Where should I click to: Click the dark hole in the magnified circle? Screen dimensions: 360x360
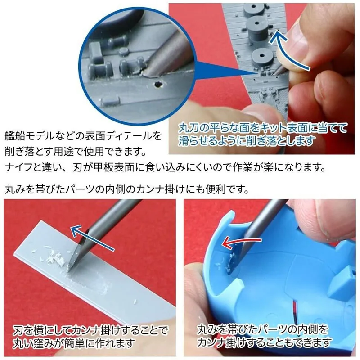pyautogui.click(x=158, y=84)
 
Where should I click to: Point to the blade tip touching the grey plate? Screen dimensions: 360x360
pyautogui.click(x=68, y=270)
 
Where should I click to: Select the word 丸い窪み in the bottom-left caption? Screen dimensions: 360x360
pyautogui.click(x=33, y=343)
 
